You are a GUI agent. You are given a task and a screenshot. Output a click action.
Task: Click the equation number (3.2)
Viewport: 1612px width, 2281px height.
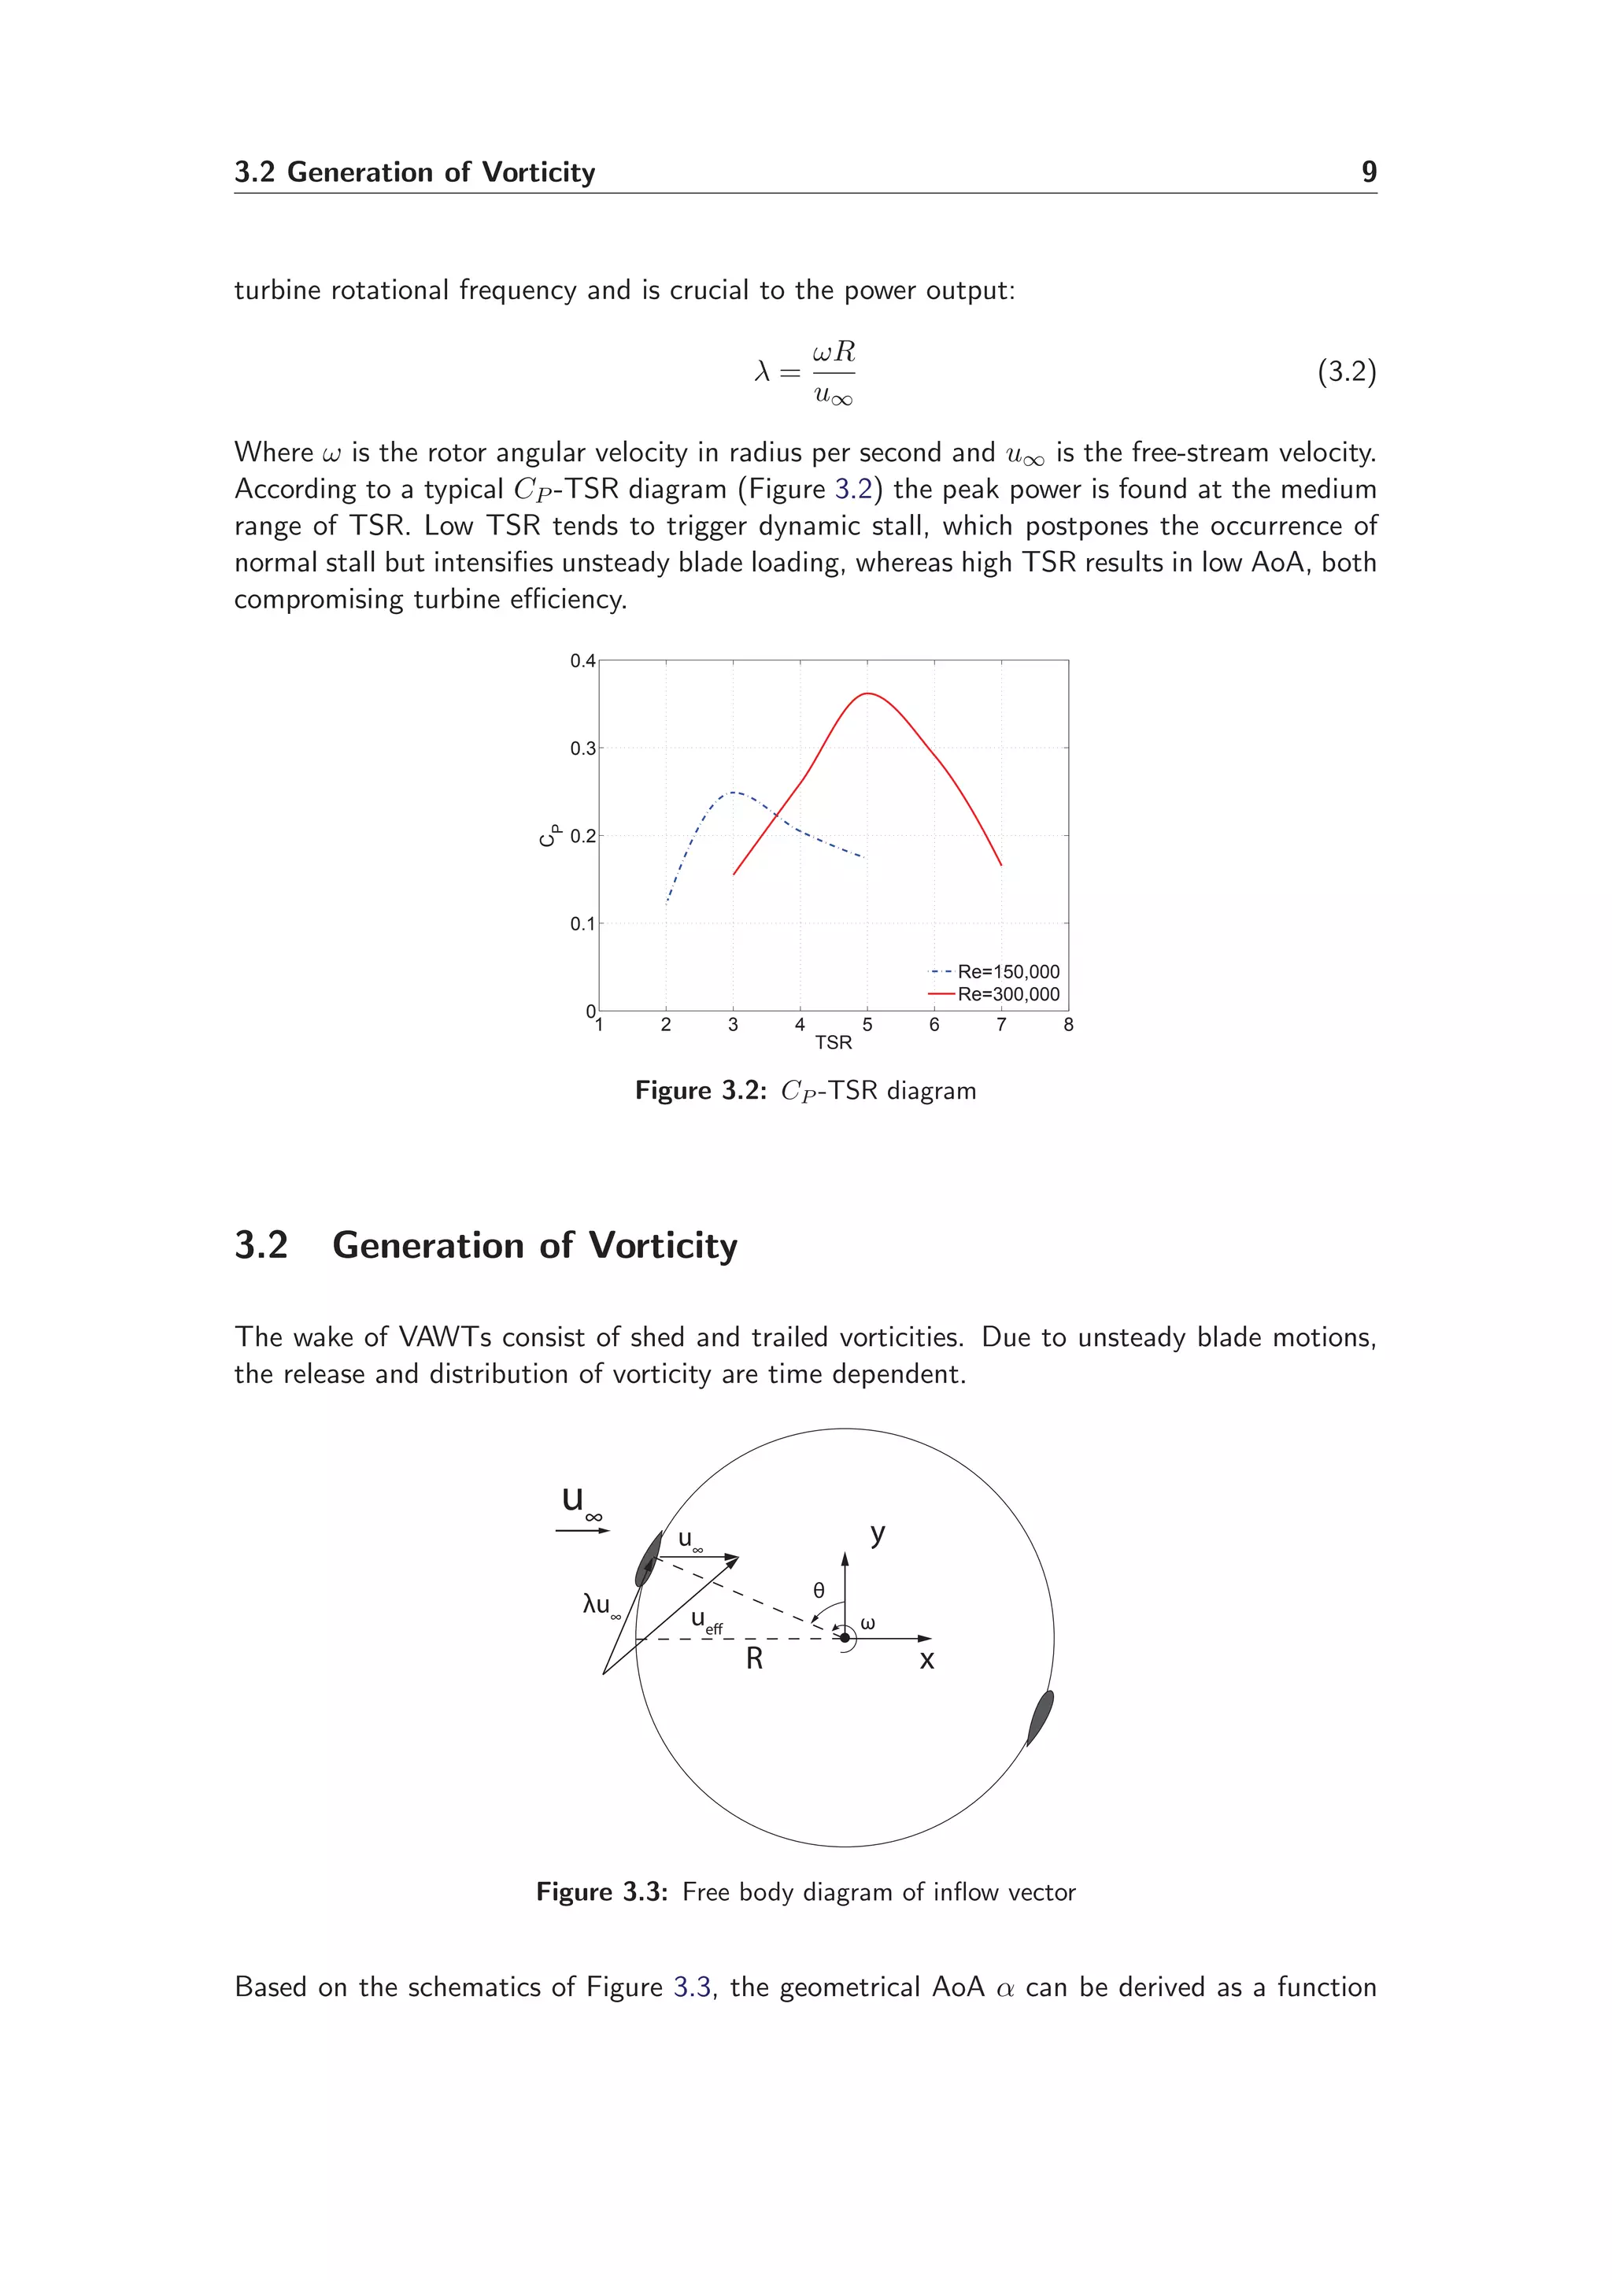(1346, 372)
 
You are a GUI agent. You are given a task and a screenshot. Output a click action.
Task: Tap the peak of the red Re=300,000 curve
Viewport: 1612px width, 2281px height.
(868, 693)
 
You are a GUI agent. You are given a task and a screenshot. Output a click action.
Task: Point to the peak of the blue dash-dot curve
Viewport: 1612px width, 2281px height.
(733, 792)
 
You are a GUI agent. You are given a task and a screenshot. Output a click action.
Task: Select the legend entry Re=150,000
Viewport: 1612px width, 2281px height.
(1007, 971)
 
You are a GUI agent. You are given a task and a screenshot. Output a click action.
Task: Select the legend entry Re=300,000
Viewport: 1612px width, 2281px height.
(1007, 994)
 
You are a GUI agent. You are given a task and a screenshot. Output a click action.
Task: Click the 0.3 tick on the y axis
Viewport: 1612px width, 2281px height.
(583, 748)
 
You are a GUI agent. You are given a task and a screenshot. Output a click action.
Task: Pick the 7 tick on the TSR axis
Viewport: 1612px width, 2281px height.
(1001, 1024)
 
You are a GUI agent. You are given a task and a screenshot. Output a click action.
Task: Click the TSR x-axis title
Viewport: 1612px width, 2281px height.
(834, 1042)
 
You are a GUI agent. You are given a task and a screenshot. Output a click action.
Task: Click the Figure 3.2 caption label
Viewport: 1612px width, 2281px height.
(701, 1091)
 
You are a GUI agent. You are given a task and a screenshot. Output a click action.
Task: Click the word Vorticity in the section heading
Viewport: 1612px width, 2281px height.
(663, 1246)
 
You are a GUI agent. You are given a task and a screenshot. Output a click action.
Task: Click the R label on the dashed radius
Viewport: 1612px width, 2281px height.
(754, 1659)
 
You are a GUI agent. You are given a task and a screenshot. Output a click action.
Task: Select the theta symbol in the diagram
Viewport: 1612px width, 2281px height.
(819, 1590)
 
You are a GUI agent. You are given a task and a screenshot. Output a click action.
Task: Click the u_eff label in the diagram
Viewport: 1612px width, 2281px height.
(706, 1621)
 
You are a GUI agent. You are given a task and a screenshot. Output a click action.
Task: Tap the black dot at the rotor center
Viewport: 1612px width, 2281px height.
(845, 1637)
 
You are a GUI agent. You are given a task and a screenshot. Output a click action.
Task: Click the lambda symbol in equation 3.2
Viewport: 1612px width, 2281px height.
(762, 372)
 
